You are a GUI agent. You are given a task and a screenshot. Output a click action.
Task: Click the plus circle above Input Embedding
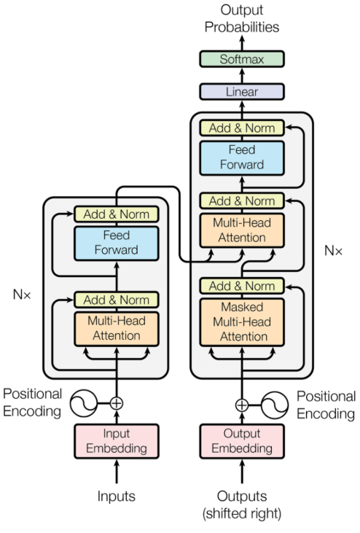pyautogui.click(x=117, y=402)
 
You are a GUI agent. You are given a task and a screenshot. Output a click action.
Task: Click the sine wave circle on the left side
pyautogui.click(x=84, y=402)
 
